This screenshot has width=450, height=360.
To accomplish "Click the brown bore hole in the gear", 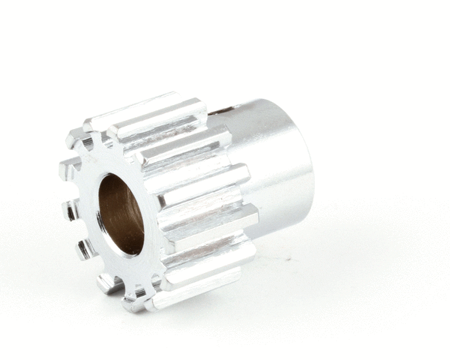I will tap(121, 214).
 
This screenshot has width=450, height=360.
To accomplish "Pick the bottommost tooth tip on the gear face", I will tap(136, 304).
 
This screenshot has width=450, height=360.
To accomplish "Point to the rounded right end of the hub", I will tap(304, 161).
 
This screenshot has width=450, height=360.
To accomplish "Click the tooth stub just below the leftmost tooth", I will tap(71, 210).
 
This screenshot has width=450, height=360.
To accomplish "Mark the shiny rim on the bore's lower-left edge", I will tap(105, 236).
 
